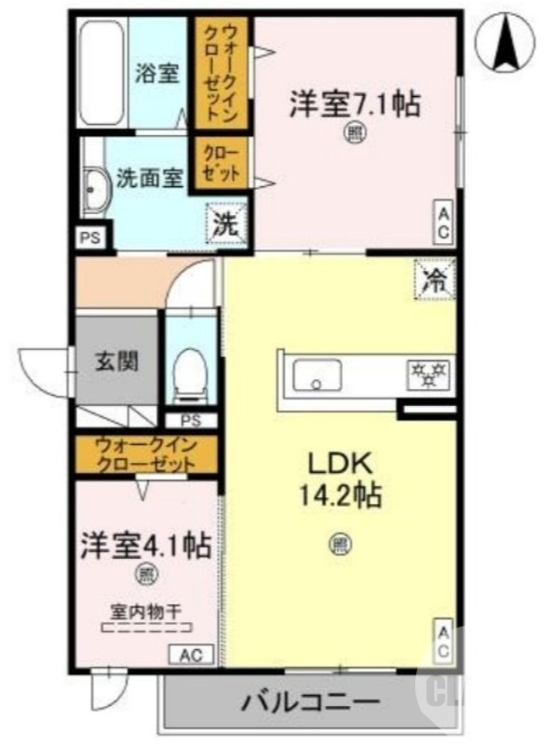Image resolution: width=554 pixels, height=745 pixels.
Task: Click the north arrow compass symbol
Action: tap(505, 41)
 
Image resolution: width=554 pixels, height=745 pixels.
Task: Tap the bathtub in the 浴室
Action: tap(101, 73)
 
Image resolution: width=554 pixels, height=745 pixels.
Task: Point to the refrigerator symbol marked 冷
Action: tap(435, 280)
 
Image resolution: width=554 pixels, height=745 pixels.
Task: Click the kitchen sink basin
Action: tap(317, 374)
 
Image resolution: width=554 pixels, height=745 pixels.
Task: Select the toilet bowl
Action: tap(192, 374)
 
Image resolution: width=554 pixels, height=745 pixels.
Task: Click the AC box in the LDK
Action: tap(442, 641)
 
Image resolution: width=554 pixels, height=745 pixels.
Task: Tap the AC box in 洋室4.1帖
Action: tap(191, 655)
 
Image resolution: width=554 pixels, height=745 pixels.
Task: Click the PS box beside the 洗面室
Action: tap(90, 237)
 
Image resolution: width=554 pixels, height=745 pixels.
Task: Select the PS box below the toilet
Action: tap(191, 421)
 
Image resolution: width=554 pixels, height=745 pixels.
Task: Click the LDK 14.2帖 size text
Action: tap(339, 480)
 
